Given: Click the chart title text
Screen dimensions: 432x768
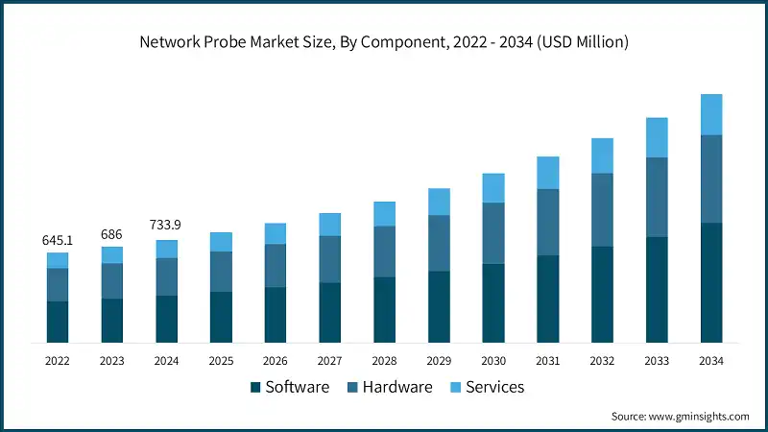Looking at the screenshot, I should pyautogui.click(x=383, y=41).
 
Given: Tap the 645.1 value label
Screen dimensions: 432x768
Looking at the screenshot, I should pyautogui.click(x=58, y=239).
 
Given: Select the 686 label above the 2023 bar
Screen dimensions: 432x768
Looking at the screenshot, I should pyautogui.click(x=112, y=233).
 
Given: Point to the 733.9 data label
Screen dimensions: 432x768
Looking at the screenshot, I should pyautogui.click(x=166, y=225).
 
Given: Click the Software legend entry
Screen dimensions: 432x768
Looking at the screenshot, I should pyautogui.click(x=289, y=387).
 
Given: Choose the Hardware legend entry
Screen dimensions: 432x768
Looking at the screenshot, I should pyautogui.click(x=389, y=387).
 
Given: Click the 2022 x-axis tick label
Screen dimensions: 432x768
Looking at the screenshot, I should pyautogui.click(x=58, y=361).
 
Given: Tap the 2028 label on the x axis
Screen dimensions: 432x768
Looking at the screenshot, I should pyautogui.click(x=384, y=361).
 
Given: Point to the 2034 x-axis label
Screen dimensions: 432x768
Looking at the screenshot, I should pyautogui.click(x=710, y=361).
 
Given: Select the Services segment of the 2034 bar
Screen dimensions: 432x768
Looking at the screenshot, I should pyautogui.click(x=710, y=114).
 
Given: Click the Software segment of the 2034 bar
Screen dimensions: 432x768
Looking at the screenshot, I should pyautogui.click(x=710, y=282).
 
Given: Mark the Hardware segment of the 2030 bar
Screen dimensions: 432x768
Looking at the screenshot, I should pyautogui.click(x=493, y=232).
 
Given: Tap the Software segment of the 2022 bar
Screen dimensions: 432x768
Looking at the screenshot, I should pyautogui.click(x=58, y=322).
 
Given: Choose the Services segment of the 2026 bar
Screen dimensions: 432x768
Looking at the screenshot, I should pyautogui.click(x=276, y=233).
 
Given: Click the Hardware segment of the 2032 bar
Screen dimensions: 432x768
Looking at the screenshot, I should pyautogui.click(x=602, y=209).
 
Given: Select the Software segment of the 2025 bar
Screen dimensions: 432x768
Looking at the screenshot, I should pyautogui.click(x=221, y=317).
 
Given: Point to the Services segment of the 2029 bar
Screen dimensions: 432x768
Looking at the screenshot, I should pyautogui.click(x=439, y=202).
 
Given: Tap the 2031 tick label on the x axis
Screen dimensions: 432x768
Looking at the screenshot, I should pyautogui.click(x=547, y=361).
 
